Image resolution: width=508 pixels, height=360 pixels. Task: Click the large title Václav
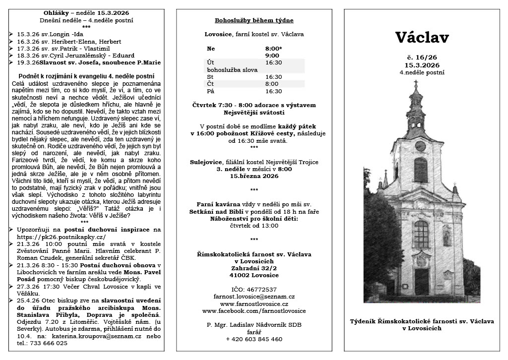point(422,38)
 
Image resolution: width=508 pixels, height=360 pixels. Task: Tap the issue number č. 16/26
point(422,58)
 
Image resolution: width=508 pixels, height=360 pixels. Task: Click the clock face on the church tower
point(420,146)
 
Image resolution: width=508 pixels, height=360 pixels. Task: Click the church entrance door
point(421,282)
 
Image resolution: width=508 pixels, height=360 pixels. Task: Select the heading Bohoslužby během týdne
point(254,20)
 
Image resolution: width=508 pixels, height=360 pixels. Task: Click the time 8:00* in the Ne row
point(274,49)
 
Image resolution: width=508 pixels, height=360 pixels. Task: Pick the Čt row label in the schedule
point(210,84)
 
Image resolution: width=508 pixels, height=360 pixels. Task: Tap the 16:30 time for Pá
point(273,91)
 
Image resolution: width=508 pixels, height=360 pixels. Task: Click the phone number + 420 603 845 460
point(254,339)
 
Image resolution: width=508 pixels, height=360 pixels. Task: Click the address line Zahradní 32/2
point(254,268)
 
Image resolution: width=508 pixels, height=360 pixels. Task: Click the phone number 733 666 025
point(46,343)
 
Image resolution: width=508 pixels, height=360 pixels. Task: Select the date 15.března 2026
point(254,176)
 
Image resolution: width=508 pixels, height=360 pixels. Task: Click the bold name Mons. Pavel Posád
point(134,272)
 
